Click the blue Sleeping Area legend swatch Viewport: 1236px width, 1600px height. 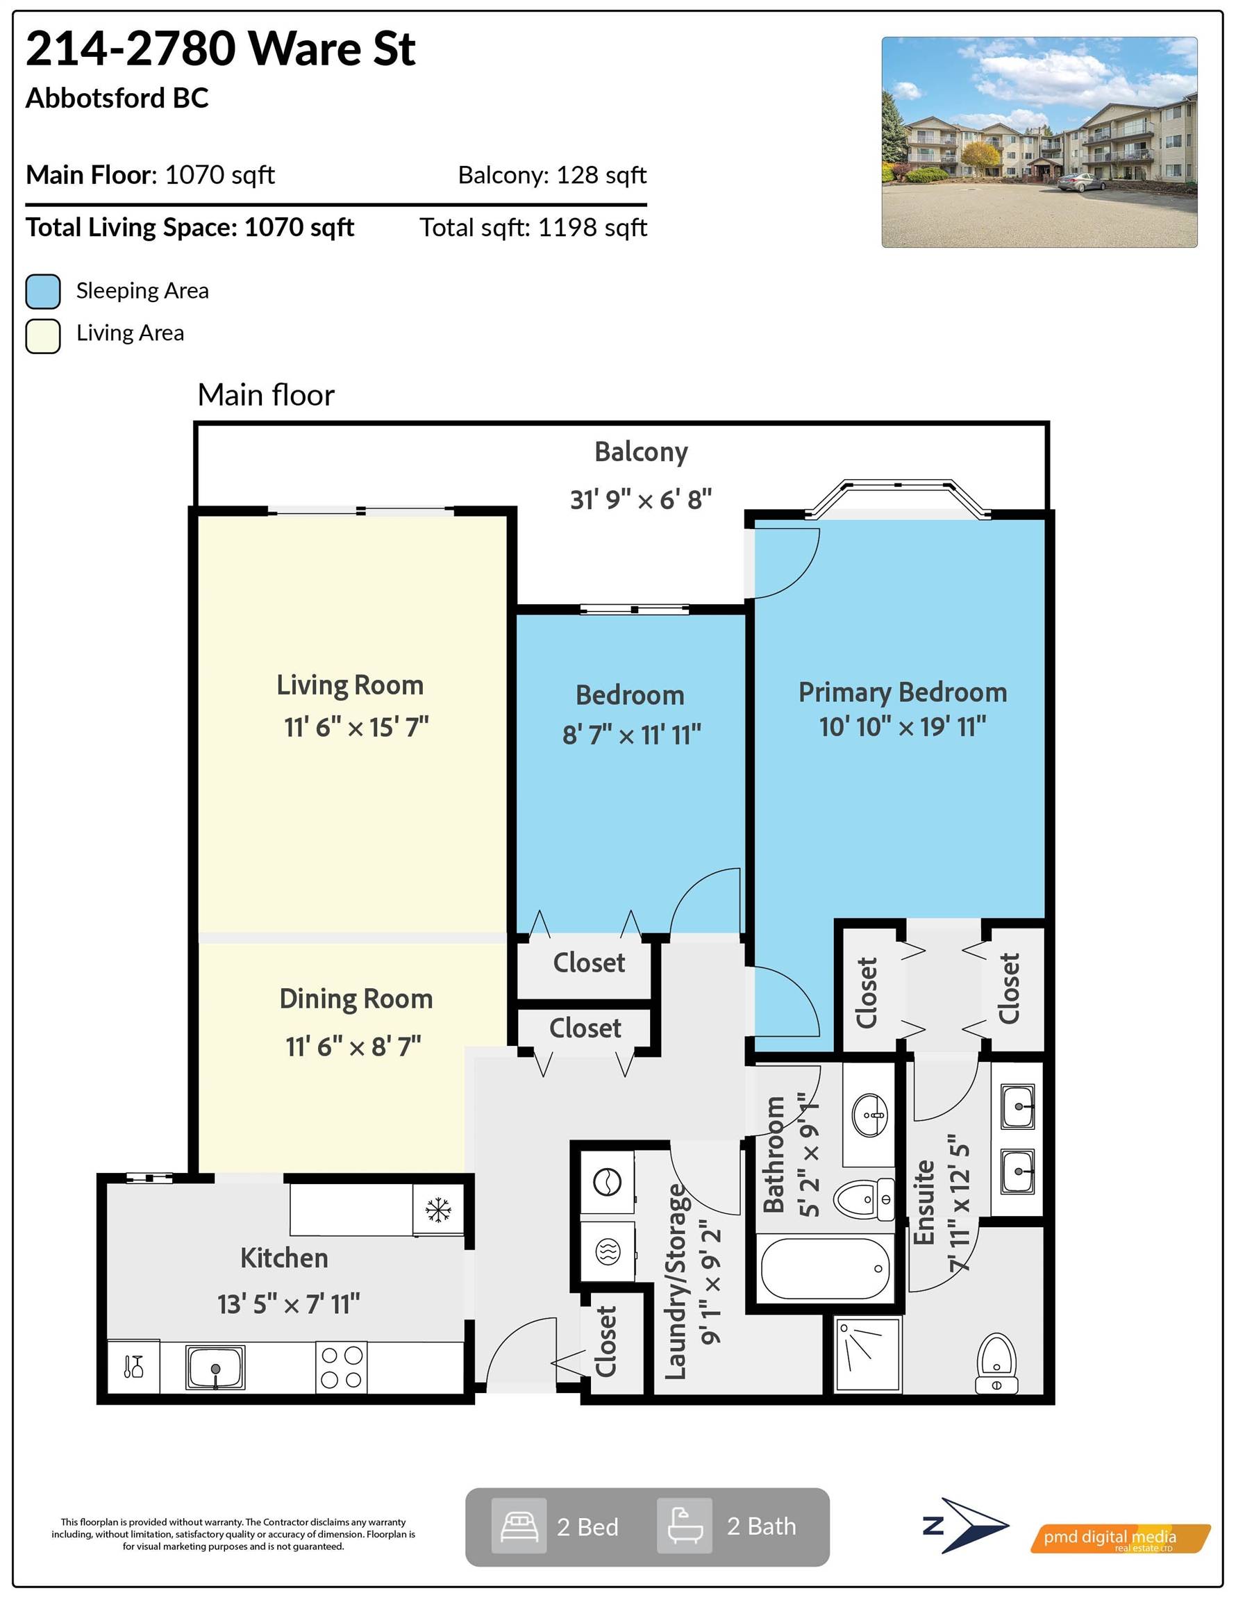click(42, 292)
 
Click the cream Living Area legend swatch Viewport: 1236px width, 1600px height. click(42, 336)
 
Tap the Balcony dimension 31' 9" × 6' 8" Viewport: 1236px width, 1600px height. click(640, 499)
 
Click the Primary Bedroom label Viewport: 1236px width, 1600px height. click(902, 692)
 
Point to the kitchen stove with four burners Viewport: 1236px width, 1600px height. click(341, 1367)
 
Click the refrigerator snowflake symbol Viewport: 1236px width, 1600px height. click(438, 1210)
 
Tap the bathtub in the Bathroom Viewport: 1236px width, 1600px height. click(825, 1268)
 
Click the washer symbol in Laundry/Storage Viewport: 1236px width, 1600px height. click(607, 1182)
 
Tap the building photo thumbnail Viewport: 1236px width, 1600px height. click(1038, 142)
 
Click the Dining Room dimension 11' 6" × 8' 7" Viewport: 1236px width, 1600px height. click(353, 1046)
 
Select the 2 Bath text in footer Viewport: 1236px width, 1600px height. click(760, 1527)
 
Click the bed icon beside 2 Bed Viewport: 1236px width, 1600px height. click(519, 1527)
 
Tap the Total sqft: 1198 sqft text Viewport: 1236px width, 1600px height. click(533, 228)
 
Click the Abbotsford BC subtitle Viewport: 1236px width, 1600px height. click(117, 98)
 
